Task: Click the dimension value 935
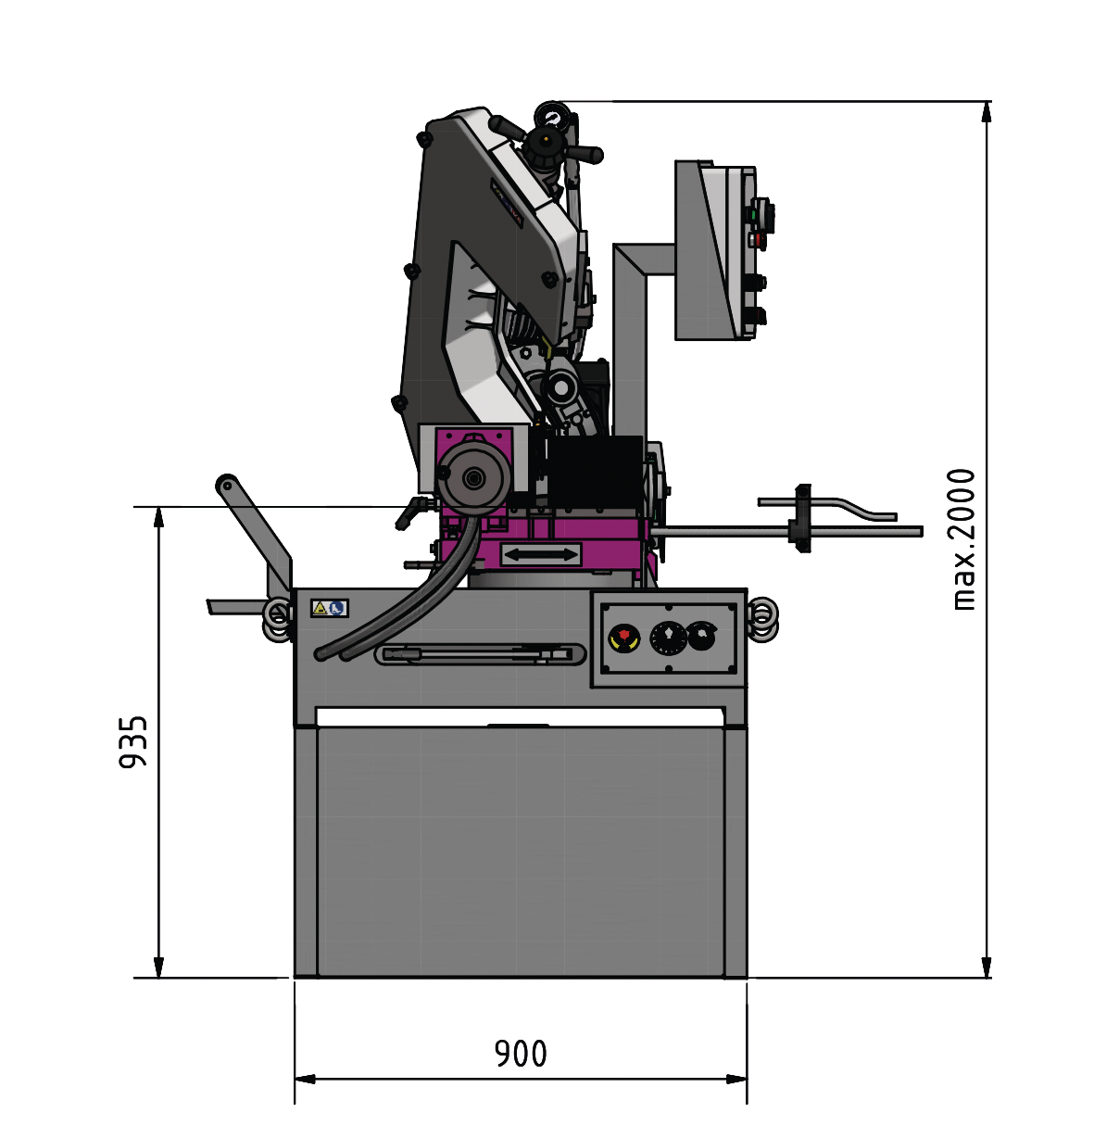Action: [x=133, y=741]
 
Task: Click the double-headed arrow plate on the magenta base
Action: [x=541, y=554]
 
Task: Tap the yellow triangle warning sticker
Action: [x=320, y=608]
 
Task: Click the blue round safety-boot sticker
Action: [x=336, y=608]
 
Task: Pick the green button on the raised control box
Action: [x=753, y=215]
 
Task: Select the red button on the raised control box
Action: [x=756, y=239]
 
